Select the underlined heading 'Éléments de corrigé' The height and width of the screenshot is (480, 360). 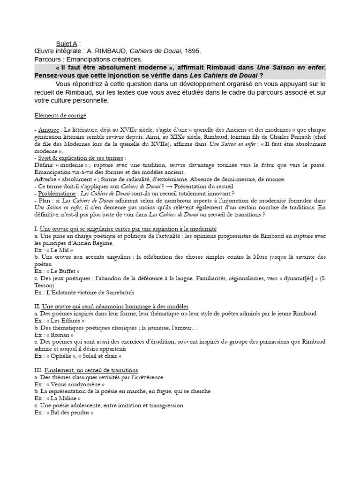click(60, 115)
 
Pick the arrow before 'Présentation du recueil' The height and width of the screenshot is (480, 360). click(189, 186)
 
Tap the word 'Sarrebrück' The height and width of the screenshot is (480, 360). click(117, 292)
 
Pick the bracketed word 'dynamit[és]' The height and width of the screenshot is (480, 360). click(294, 278)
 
